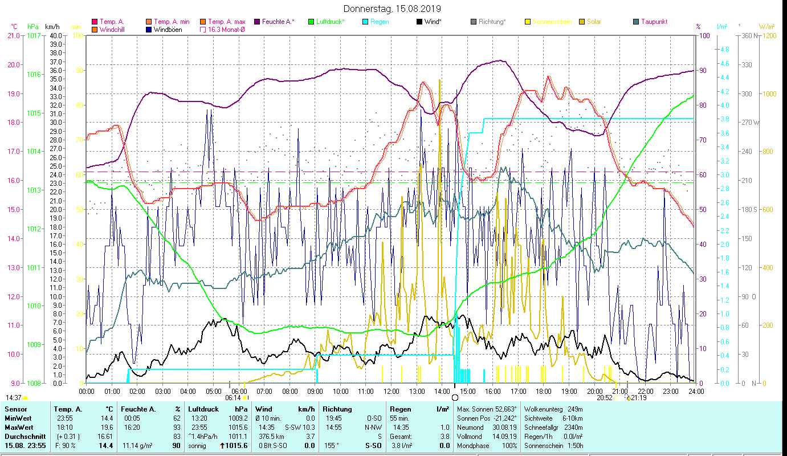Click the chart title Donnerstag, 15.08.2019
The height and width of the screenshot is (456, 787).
(x=393, y=9)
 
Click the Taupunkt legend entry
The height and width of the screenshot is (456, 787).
(x=654, y=22)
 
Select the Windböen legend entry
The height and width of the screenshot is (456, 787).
(x=168, y=30)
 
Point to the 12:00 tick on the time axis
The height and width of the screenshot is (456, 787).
(x=392, y=391)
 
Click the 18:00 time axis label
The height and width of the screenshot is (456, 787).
(x=544, y=391)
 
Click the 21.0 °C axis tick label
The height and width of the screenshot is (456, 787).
(x=13, y=35)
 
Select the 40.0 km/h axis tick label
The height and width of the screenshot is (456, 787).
(x=56, y=35)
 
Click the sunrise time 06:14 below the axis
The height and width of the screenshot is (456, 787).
(x=234, y=398)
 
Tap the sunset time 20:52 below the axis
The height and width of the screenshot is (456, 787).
(x=605, y=398)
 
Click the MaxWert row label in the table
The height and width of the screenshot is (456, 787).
(x=18, y=427)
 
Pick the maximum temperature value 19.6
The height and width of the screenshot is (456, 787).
(x=107, y=427)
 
